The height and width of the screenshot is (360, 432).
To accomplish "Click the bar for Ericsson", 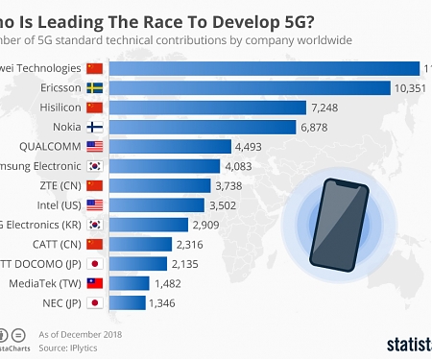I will coord(250,87).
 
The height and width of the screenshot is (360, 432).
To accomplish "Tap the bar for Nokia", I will coord(203,127).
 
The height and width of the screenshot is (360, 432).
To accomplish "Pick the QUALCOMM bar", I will coord(171,146).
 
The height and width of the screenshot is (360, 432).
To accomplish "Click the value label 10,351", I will coord(411,87).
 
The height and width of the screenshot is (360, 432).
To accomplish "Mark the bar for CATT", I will coord(140,244).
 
